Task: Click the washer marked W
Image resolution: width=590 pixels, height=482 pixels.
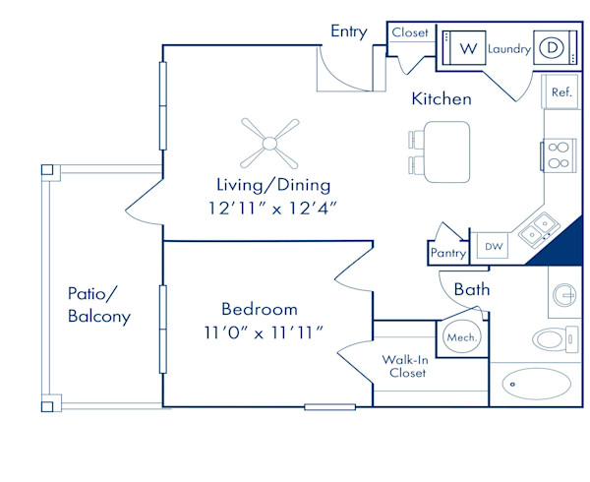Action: point(464,48)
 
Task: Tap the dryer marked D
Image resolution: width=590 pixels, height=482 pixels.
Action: point(556,48)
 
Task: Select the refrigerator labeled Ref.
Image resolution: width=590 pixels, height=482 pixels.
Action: point(560,91)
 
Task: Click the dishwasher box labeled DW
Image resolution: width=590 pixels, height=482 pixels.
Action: point(493,246)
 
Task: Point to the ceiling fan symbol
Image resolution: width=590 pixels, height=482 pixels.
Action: point(269,144)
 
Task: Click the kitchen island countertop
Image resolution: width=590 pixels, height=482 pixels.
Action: point(447,152)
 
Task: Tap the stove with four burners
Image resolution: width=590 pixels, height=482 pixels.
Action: point(559,155)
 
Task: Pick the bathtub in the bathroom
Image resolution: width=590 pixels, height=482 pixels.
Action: point(536,384)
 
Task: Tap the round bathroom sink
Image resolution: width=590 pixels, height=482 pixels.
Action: point(564,295)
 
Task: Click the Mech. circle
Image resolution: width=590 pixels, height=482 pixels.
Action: point(462,337)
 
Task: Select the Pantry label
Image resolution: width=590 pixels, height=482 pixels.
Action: point(448,253)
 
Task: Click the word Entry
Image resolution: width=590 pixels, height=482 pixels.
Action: point(349,31)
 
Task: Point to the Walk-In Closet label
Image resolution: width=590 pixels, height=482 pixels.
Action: point(405,367)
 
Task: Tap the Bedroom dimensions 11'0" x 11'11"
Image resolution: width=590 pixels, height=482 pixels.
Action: point(264,333)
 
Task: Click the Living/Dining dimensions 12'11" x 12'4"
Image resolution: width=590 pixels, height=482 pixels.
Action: point(272,209)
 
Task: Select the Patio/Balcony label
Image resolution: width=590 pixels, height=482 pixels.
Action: point(99,305)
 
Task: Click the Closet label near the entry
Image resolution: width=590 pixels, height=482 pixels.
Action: point(410,32)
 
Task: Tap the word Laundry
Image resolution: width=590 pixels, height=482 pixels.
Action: point(509,49)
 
